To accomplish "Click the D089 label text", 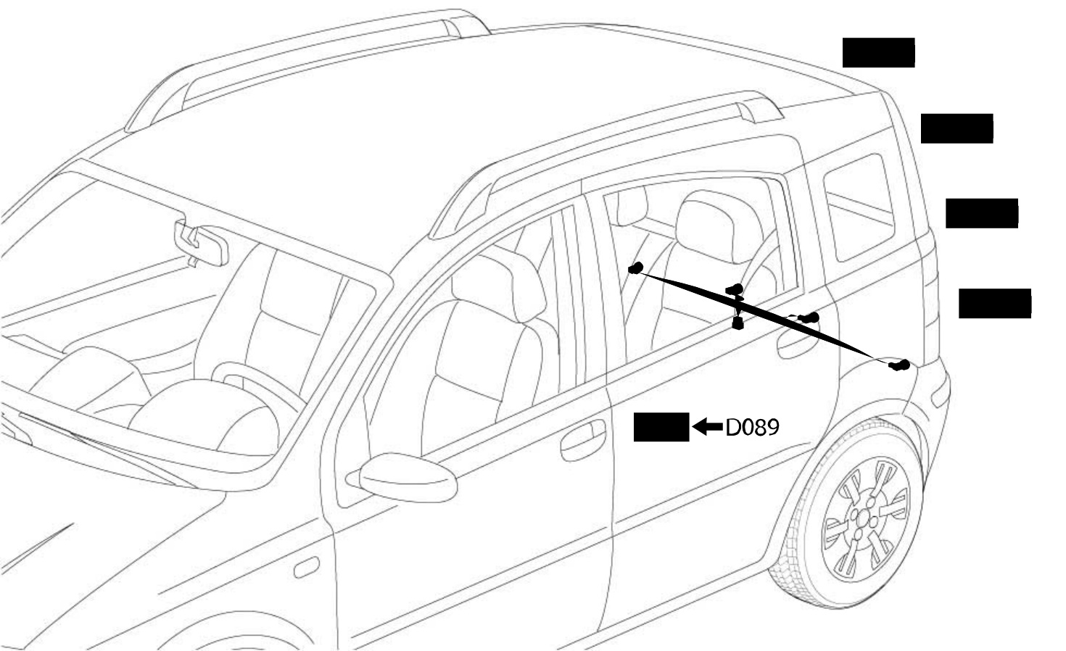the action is pyautogui.click(x=752, y=427).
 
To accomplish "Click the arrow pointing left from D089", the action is pyautogui.click(x=708, y=426).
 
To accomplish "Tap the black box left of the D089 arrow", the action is pyautogui.click(x=661, y=427).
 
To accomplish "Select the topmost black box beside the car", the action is pyautogui.click(x=878, y=52).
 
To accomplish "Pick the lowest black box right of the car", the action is pyautogui.click(x=995, y=303).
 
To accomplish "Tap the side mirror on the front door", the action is pyautogui.click(x=407, y=477).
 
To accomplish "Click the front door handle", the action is pyautogui.click(x=583, y=440).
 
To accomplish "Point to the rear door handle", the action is pyautogui.click(x=797, y=343).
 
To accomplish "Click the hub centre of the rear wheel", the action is pyautogui.click(x=862, y=519).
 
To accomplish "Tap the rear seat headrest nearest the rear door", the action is pyautogui.click(x=719, y=226).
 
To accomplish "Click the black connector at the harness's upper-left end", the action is pyautogui.click(x=636, y=268).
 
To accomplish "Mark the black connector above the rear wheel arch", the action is pyautogui.click(x=899, y=365).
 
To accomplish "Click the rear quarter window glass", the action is pyautogui.click(x=859, y=207).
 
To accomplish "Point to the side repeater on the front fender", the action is pyautogui.click(x=307, y=567).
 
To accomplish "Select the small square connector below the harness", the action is pyautogui.click(x=737, y=324).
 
